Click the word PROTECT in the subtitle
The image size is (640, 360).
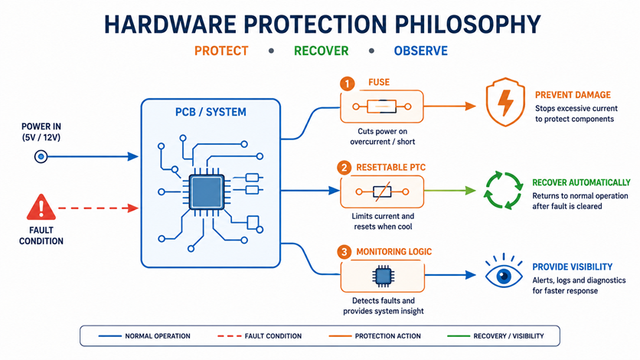(x=221, y=51)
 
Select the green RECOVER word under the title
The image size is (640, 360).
(x=322, y=51)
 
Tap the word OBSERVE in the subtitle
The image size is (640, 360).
(x=421, y=51)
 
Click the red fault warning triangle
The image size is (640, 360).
(x=41, y=208)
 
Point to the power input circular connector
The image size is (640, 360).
(x=41, y=156)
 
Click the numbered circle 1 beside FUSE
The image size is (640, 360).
(x=347, y=84)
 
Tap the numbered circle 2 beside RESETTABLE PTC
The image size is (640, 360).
(x=344, y=168)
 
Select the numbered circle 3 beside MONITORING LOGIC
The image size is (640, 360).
(x=344, y=252)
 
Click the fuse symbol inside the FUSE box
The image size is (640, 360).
(x=382, y=106)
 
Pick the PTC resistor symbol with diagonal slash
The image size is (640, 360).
(x=382, y=191)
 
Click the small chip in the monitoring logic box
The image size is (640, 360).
(x=383, y=277)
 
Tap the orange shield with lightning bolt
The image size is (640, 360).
(x=505, y=102)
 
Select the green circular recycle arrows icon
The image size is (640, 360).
(x=504, y=191)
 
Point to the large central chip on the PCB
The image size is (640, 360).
(x=207, y=191)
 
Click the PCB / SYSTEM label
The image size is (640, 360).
(x=211, y=112)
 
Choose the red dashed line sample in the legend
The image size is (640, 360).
(x=229, y=336)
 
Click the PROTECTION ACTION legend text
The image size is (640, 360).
(x=388, y=336)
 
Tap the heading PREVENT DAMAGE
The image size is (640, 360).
(x=573, y=95)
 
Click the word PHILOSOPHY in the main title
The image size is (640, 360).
(x=467, y=24)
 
